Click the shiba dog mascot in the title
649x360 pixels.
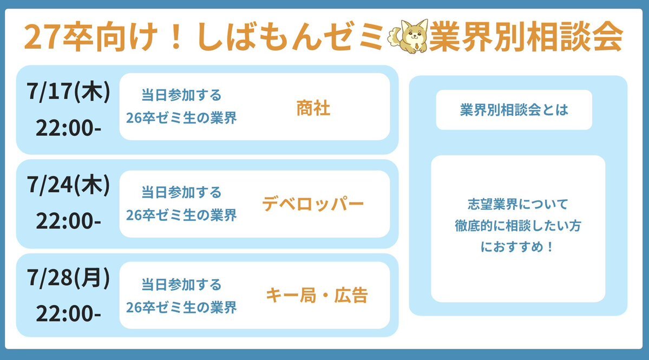coord(408,36)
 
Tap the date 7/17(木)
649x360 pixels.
coord(69,91)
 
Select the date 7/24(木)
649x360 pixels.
coord(69,185)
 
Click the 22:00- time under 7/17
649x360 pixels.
coord(69,128)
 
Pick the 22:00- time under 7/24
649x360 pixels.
coord(69,221)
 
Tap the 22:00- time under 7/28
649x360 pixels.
coord(69,313)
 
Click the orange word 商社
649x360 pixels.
coord(313,108)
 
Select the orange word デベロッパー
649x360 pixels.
coord(313,204)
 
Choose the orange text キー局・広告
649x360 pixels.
coord(317,296)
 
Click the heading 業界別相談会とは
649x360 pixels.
coord(514,110)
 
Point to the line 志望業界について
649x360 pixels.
coord(518,204)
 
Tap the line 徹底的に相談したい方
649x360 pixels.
coord(518,226)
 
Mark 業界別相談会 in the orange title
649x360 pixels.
coord(526,36)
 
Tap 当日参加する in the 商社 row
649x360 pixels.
coord(181,95)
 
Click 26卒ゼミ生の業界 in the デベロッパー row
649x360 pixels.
coord(181,215)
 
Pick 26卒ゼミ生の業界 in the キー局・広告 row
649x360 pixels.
coord(181,307)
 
